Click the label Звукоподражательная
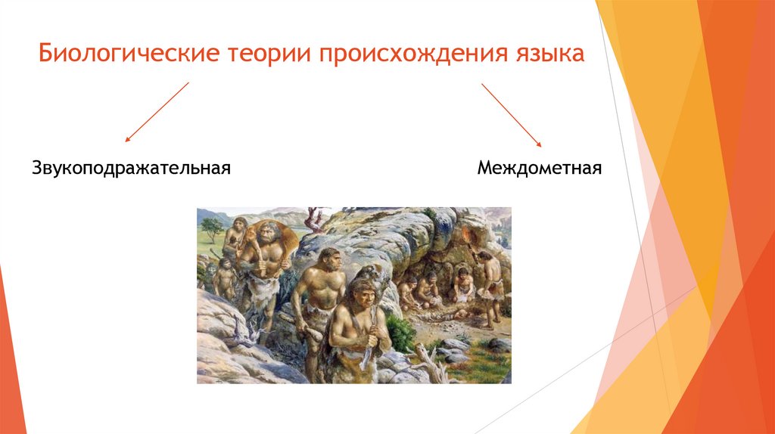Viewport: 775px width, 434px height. pos(131,166)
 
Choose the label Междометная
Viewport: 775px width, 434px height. pos(540,166)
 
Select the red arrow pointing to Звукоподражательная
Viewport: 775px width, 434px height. pos(157,112)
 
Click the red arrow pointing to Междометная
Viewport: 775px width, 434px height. pos(512,114)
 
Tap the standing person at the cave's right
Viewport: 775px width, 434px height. pos(490,284)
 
